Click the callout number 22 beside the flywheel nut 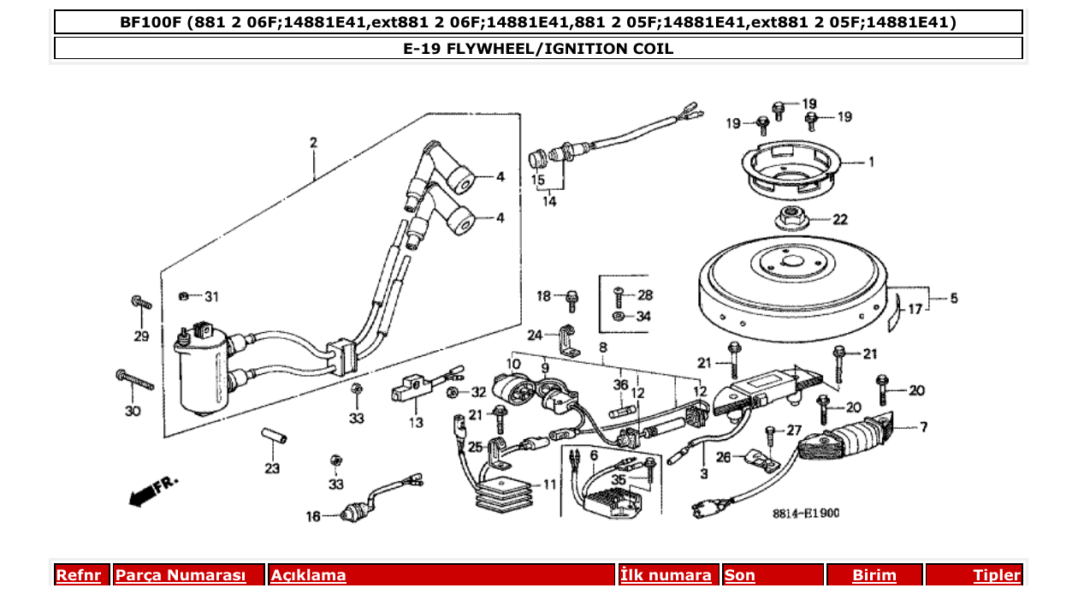(840, 220)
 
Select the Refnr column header (78, 575)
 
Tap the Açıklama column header (309, 575)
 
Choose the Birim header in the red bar (874, 575)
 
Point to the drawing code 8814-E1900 (805, 514)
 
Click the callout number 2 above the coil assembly (313, 142)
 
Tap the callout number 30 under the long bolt (132, 412)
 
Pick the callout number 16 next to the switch (313, 516)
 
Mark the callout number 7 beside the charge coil (923, 426)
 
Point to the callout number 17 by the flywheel (915, 310)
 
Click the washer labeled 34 (619, 316)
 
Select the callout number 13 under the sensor (416, 422)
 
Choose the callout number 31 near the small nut (211, 297)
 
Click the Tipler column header (997, 575)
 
